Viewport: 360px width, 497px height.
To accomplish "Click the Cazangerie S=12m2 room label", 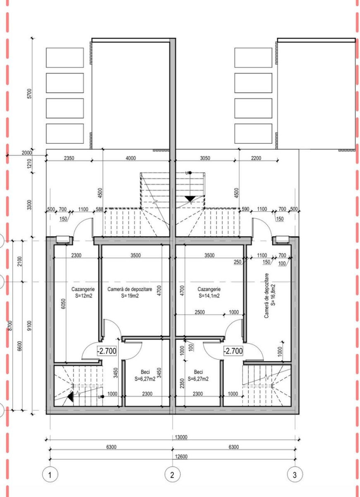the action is (83, 292).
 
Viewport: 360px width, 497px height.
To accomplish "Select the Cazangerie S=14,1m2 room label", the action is (209, 292).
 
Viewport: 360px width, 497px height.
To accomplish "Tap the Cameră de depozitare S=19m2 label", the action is (130, 292).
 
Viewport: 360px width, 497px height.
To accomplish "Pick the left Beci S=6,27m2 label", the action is (145, 375).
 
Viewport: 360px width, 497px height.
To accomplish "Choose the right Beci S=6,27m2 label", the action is (198, 375).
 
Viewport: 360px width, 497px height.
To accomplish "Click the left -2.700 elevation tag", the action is (107, 351).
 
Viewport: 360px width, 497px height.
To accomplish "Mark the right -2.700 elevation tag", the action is (233, 351).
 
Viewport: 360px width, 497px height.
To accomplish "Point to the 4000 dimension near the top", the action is (131, 158).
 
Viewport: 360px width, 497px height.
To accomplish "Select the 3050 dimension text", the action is (205, 158).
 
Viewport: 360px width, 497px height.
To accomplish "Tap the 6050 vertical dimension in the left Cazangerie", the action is (63, 304).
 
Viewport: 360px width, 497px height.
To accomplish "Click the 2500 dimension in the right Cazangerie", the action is (199, 312).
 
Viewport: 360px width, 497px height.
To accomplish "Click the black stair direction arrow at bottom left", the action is (70, 397).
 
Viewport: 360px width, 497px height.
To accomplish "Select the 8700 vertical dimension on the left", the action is (10, 325).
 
